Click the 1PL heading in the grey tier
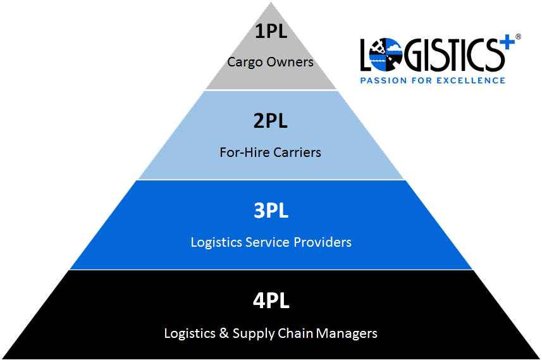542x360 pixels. pyautogui.click(x=271, y=32)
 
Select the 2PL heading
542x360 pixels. pyautogui.click(x=271, y=121)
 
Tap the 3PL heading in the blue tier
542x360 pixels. pyautogui.click(x=271, y=211)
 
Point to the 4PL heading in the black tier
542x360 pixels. pyautogui.click(x=271, y=301)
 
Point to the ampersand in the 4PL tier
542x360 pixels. pyautogui.click(x=223, y=333)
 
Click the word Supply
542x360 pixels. pyautogui.click(x=250, y=333)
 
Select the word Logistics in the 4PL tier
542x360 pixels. pyautogui.click(x=189, y=333)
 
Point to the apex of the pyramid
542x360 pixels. pyautogui.click(x=271, y=3)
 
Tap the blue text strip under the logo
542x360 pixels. pyautogui.click(x=440, y=77)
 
